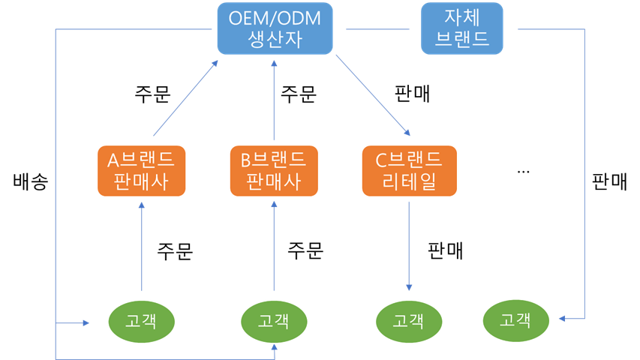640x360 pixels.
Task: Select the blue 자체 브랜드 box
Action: pyautogui.click(x=461, y=29)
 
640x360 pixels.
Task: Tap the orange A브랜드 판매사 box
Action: pyautogui.click(x=142, y=171)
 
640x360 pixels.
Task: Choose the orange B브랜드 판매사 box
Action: pyautogui.click(x=274, y=171)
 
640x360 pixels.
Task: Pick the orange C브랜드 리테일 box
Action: pyautogui.click(x=409, y=171)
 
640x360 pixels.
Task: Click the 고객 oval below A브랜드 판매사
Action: pyautogui.click(x=141, y=321)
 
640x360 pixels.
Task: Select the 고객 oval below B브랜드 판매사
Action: pyautogui.click(x=273, y=321)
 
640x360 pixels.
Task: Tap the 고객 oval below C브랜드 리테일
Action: pyautogui.click(x=408, y=321)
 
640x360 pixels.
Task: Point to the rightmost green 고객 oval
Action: pyautogui.click(x=515, y=321)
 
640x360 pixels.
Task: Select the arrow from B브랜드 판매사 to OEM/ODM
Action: pyautogui.click(x=274, y=101)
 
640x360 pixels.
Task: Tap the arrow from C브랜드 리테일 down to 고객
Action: pyautogui.click(x=409, y=244)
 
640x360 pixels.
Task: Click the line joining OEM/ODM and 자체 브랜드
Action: pyautogui.click(x=383, y=30)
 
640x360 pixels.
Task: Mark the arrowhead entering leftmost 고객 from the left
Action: pyautogui.click(x=86, y=323)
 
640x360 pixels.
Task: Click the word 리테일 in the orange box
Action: pyautogui.click(x=409, y=182)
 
